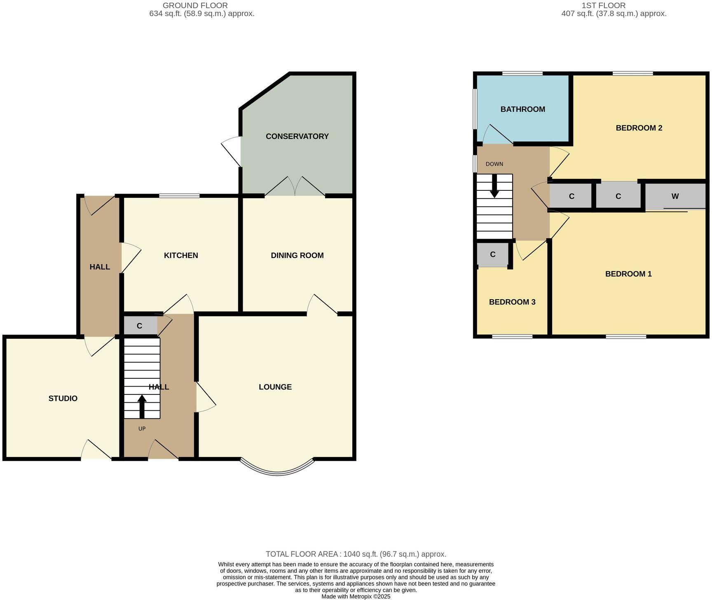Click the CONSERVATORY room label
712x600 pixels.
pyautogui.click(x=297, y=136)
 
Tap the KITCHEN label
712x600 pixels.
pyautogui.click(x=181, y=255)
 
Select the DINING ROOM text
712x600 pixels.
pyautogui.click(x=297, y=255)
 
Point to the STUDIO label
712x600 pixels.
pyautogui.click(x=63, y=398)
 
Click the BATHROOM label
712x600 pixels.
pyautogui.click(x=522, y=109)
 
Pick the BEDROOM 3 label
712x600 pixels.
pyautogui.click(x=512, y=302)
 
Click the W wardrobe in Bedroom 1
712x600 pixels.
pyautogui.click(x=675, y=197)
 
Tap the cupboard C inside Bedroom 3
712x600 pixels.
pyautogui.click(x=492, y=255)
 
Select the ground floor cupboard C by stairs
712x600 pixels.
pyautogui.click(x=140, y=326)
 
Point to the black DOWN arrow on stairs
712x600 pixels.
pyautogui.click(x=494, y=186)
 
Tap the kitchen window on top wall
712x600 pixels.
pyautogui.click(x=179, y=196)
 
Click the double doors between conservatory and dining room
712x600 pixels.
pyautogui.click(x=295, y=187)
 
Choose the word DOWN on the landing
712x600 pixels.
pyautogui.click(x=494, y=164)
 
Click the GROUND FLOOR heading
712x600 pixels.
pyautogui.click(x=195, y=5)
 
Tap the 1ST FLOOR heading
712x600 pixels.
pyautogui.click(x=603, y=5)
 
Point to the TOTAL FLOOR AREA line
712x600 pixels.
pyautogui.click(x=356, y=554)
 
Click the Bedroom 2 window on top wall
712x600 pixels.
pyautogui.click(x=632, y=74)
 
